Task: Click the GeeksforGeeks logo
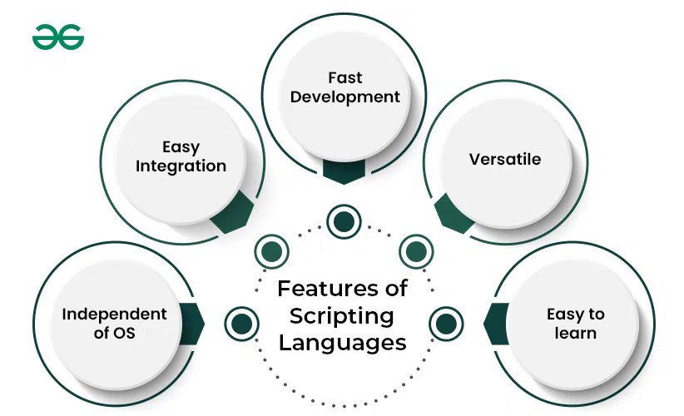click(58, 37)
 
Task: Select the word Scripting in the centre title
click(342, 315)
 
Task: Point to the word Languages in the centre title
click(342, 342)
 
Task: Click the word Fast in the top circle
click(344, 77)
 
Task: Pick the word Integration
click(181, 166)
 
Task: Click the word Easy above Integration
click(181, 146)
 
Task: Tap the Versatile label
click(504, 159)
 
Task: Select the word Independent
click(114, 314)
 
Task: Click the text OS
click(122, 334)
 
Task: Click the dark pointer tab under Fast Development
click(343, 171)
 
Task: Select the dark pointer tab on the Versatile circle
click(454, 213)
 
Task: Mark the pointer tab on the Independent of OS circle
click(192, 323)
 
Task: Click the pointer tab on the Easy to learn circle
click(496, 323)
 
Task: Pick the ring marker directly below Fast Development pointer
click(343, 221)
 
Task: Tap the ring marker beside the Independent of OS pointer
click(240, 322)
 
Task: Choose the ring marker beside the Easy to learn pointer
click(445, 322)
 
